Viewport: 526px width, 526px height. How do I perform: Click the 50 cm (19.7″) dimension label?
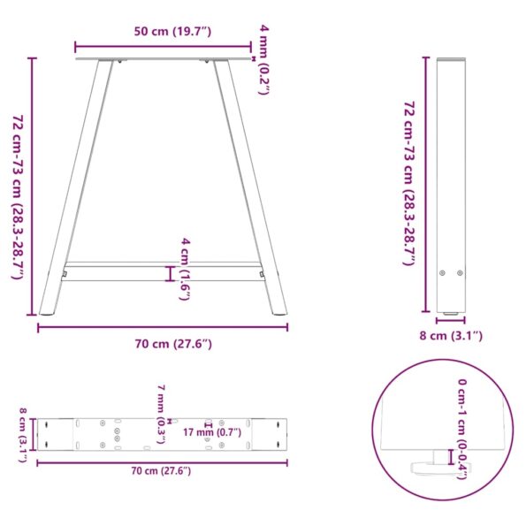tap(172, 33)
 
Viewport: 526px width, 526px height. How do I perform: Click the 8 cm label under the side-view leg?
tap(451, 335)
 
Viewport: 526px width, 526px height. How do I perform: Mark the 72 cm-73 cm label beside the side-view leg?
tap(408, 183)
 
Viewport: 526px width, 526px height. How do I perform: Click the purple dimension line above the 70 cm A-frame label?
tap(163, 327)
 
